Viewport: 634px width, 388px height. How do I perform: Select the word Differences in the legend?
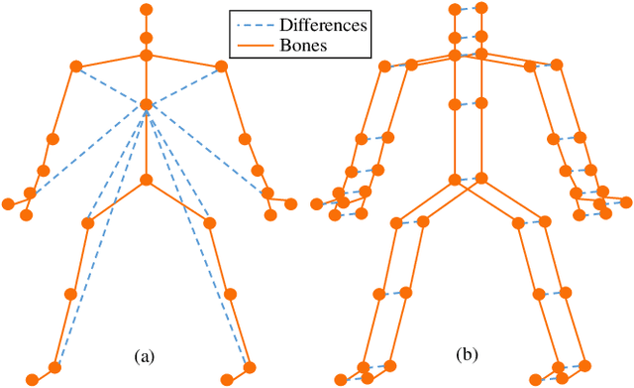pyautogui.click(x=320, y=24)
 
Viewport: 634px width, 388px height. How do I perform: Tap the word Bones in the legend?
pyautogui.click(x=300, y=45)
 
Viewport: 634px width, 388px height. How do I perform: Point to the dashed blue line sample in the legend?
pyautogui.click(x=251, y=24)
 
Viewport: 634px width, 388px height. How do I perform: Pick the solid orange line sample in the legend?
pyautogui.click(x=251, y=45)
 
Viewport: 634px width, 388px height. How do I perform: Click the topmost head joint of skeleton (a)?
pyautogui.click(x=147, y=10)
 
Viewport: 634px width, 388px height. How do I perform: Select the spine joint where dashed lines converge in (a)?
pyautogui.click(x=147, y=104)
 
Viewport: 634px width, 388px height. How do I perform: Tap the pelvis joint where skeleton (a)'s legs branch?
pyautogui.click(x=147, y=180)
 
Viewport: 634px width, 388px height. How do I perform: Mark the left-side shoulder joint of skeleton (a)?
pyautogui.click(x=75, y=66)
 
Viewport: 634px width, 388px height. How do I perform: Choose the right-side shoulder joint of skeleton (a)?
pyautogui.click(x=222, y=66)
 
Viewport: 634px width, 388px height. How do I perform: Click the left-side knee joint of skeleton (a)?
pyautogui.click(x=69, y=294)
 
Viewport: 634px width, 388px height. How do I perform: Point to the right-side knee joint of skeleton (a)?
pyautogui.click(x=231, y=294)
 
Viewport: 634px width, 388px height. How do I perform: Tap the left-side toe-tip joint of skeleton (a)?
pyautogui.click(x=32, y=379)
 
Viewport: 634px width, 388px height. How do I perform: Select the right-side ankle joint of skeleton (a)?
pyautogui.click(x=249, y=368)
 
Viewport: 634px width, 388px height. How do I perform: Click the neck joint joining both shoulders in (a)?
pyautogui.click(x=147, y=55)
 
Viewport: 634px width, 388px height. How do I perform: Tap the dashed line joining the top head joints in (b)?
pyautogui.click(x=469, y=11)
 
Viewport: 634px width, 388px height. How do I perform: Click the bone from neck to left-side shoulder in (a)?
pyautogui.click(x=111, y=61)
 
